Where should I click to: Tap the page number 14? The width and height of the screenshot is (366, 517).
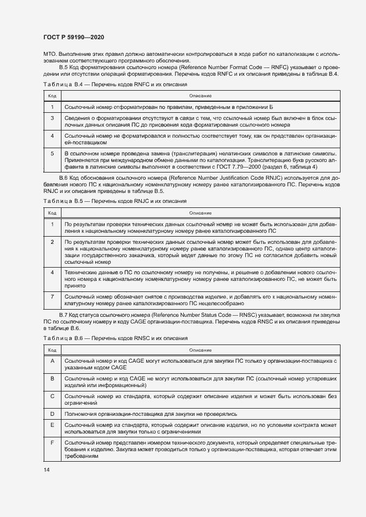[46, 469]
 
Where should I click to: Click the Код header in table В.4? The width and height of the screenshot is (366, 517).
[51, 96]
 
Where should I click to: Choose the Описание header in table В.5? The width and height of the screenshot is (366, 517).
[200, 212]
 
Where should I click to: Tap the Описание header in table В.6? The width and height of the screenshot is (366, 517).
[200, 349]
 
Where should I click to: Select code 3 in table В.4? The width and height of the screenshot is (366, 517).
[52, 118]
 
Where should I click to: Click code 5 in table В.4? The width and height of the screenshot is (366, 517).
[52, 153]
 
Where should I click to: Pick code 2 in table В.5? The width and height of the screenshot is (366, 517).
[52, 242]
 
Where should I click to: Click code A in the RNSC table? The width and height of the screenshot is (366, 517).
[52, 360]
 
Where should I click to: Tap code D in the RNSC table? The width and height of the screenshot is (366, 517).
[52, 413]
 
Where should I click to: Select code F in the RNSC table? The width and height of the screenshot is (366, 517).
[52, 443]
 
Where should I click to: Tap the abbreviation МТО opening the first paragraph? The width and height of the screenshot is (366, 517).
[50, 54]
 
